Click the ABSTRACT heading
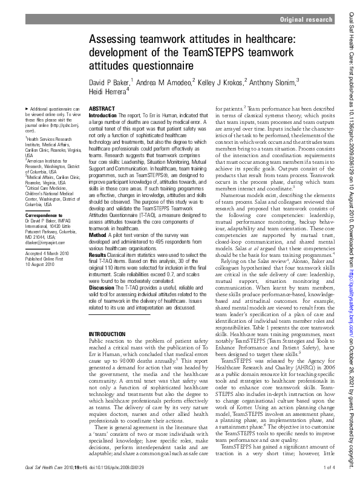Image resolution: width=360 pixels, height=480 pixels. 102,108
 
